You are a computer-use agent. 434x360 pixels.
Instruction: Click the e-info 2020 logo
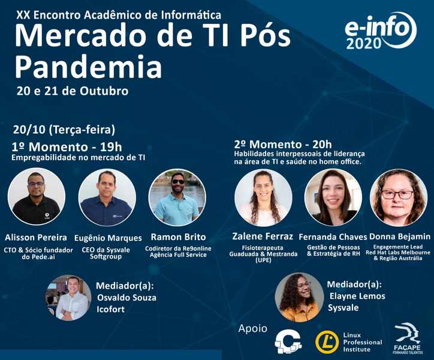pyautogui.click(x=381, y=31)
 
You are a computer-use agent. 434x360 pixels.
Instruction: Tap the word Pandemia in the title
pyautogui.click(x=88, y=67)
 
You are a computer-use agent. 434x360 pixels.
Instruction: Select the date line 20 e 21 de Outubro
pyautogui.click(x=73, y=91)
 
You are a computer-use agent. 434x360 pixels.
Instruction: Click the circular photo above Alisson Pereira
pyautogui.click(x=37, y=196)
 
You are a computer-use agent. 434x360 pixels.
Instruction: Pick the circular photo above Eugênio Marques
pyautogui.click(x=107, y=197)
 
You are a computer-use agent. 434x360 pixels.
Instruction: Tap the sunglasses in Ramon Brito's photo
pyautogui.click(x=178, y=182)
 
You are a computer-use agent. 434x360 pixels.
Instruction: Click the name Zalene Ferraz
pyautogui.click(x=263, y=236)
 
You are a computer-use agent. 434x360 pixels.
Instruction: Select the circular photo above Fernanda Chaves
pyautogui.click(x=333, y=197)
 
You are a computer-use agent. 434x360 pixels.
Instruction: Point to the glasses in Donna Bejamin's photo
pyautogui.click(x=397, y=194)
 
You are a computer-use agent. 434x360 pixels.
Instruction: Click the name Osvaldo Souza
pyautogui.click(x=126, y=298)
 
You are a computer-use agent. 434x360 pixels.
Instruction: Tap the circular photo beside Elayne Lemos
pyautogui.click(x=300, y=297)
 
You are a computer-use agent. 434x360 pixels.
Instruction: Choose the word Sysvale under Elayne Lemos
pyautogui.click(x=343, y=308)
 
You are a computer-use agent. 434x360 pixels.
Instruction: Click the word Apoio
pyautogui.click(x=253, y=328)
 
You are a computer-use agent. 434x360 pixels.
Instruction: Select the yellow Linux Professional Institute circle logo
pyautogui.click(x=327, y=342)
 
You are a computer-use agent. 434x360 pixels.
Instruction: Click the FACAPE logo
pyautogui.click(x=408, y=338)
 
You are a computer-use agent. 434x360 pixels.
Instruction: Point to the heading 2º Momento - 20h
pyautogui.click(x=283, y=145)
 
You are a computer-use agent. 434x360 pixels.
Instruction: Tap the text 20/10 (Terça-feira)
pyautogui.click(x=64, y=130)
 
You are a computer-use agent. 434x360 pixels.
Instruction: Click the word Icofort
pyautogui.click(x=110, y=309)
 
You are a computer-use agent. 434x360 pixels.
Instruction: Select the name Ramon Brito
pyautogui.click(x=178, y=237)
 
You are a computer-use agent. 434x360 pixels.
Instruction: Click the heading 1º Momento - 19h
pyautogui.click(x=67, y=147)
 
